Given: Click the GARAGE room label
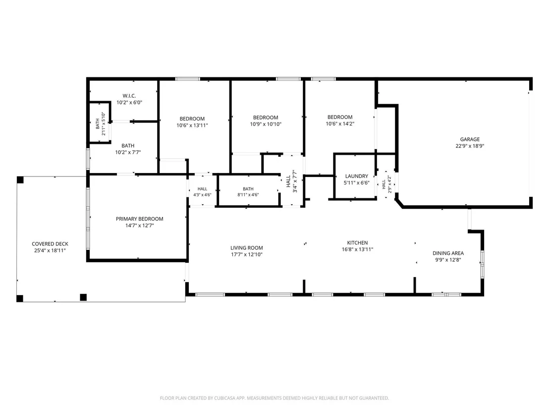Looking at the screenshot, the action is [470, 139].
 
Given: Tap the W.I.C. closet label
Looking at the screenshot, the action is [129, 96].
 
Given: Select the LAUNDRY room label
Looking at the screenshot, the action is [357, 176].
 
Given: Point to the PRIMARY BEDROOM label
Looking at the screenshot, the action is [140, 219].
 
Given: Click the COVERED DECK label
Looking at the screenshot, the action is [50, 244].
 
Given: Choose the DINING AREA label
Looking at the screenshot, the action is [448, 253].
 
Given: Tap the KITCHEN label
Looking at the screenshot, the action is [357, 243].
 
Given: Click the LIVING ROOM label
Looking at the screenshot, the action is [246, 248].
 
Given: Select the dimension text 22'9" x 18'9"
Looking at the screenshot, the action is [470, 146].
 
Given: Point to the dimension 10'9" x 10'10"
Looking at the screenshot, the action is [266, 124].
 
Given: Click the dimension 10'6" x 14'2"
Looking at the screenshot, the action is [340, 123].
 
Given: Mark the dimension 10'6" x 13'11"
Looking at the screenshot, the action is [192, 125].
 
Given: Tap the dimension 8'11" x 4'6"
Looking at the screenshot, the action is [248, 195].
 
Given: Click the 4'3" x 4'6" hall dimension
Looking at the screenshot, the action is [202, 195].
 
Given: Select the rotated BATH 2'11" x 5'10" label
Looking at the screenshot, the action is [100, 123].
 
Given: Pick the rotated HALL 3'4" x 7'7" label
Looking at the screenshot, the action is [291, 181].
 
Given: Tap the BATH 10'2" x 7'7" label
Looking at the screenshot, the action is [128, 149].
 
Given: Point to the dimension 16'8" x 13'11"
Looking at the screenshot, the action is [357, 249].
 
